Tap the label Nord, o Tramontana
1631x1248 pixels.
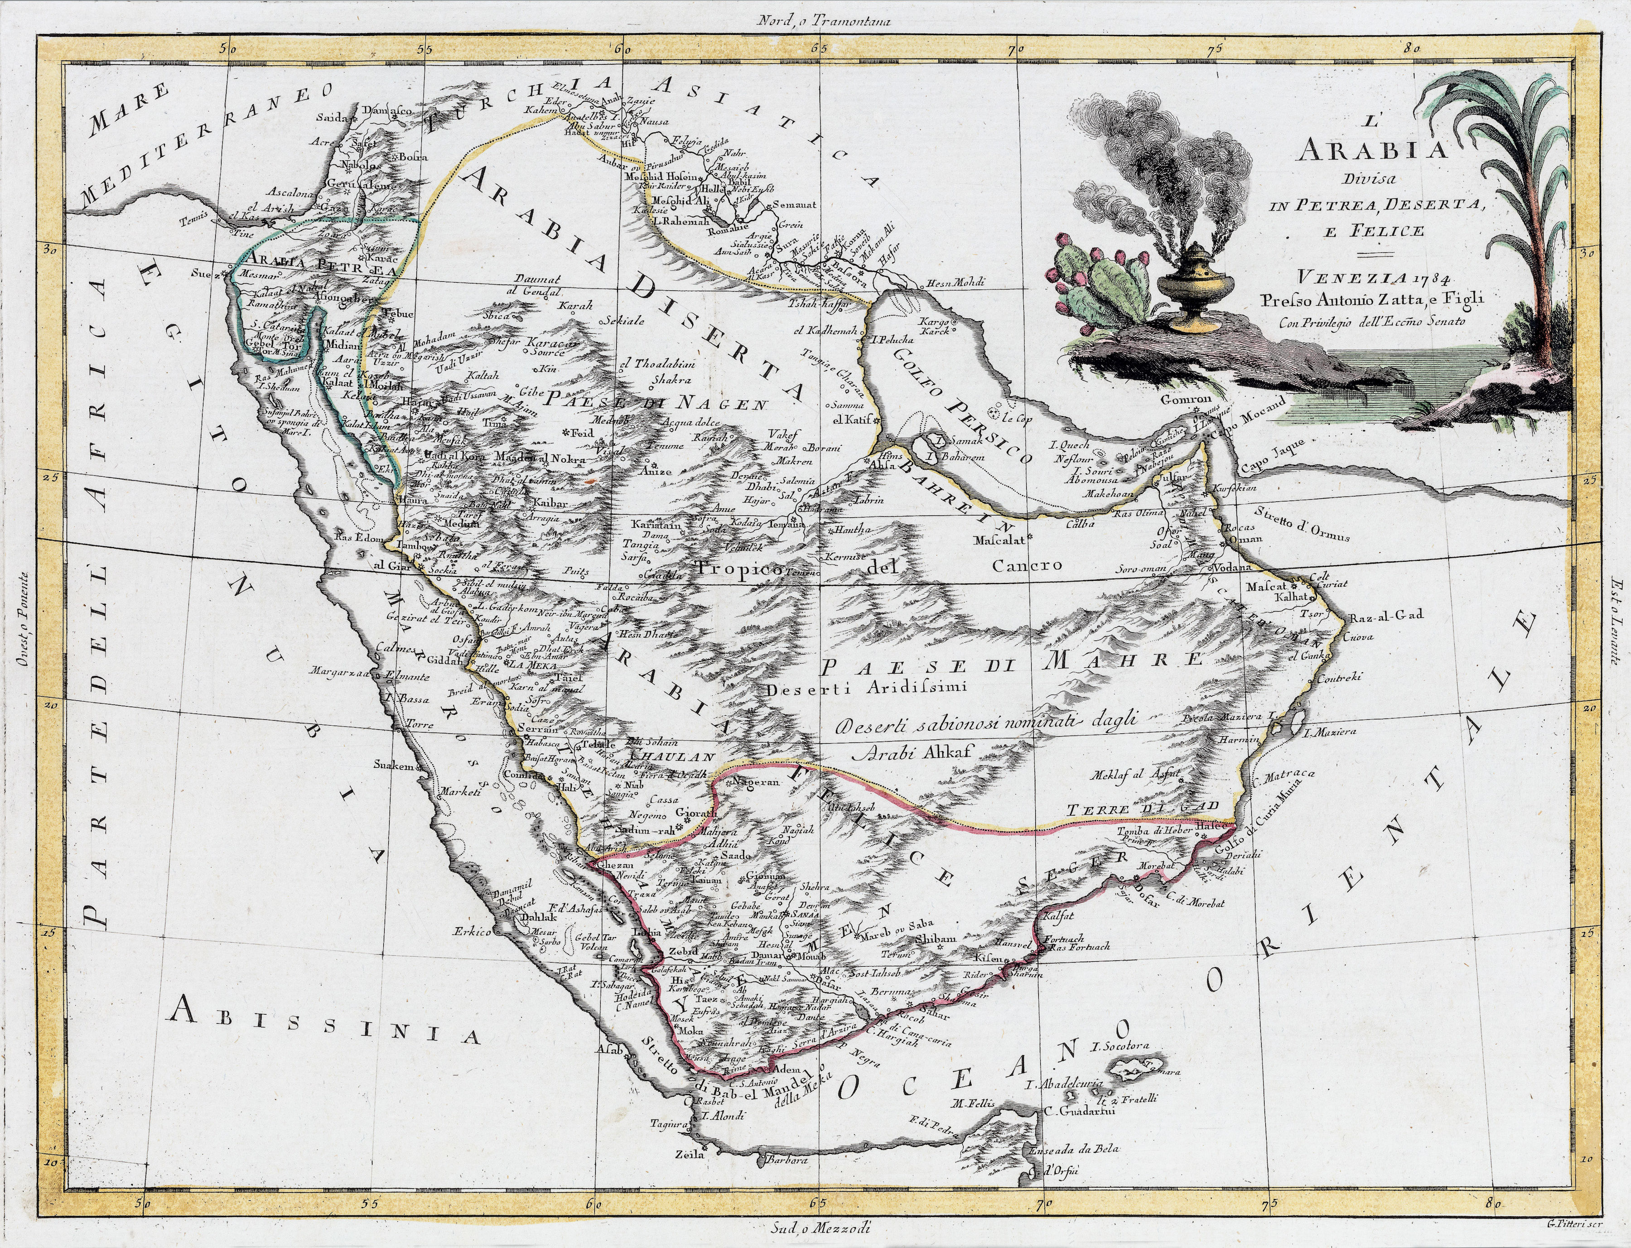(823, 21)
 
